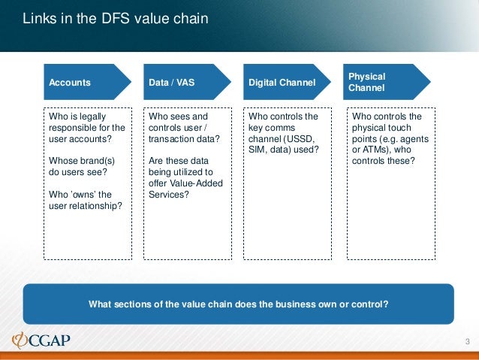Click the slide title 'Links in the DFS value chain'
click(115, 18)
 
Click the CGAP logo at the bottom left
click(42, 340)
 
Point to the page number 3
click(466, 343)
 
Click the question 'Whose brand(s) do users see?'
click(77, 166)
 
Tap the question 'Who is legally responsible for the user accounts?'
click(86, 128)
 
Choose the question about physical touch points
click(387, 139)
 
